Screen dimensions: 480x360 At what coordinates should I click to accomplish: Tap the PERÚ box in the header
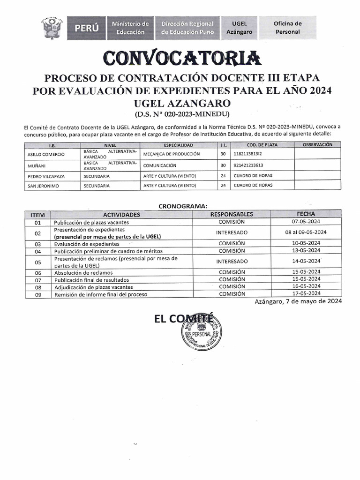click(x=87, y=28)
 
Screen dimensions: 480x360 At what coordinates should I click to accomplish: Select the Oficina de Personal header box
click(x=287, y=28)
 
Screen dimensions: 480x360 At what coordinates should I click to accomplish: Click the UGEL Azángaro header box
click(x=239, y=28)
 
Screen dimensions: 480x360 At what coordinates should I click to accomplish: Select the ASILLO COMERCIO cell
click(x=45, y=154)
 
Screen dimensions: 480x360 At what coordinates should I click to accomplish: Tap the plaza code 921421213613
click(x=248, y=165)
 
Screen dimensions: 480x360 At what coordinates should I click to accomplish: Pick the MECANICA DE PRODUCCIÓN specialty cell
click(x=172, y=154)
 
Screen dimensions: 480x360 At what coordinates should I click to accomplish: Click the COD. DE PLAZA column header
click(x=262, y=145)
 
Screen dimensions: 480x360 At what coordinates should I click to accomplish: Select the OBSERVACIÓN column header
click(x=317, y=145)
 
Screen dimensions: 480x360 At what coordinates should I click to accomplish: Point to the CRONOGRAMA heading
click(x=182, y=206)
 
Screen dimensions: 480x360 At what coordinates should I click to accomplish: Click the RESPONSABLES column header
click(x=232, y=214)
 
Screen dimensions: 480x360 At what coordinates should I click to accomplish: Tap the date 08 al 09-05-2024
click(x=306, y=232)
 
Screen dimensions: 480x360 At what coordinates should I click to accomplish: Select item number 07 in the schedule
click(x=38, y=279)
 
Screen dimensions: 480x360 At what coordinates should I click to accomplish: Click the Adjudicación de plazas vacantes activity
click(x=93, y=287)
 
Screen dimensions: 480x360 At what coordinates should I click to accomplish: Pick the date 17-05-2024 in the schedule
click(x=306, y=294)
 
